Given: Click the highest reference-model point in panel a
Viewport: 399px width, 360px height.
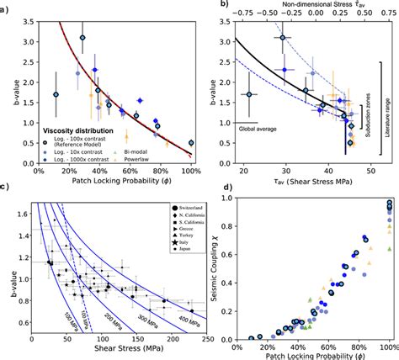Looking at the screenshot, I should [82, 38].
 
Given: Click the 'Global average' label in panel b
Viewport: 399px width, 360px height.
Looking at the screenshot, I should [247, 128].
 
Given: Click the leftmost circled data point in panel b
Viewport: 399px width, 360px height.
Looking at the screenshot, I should [249, 95].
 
